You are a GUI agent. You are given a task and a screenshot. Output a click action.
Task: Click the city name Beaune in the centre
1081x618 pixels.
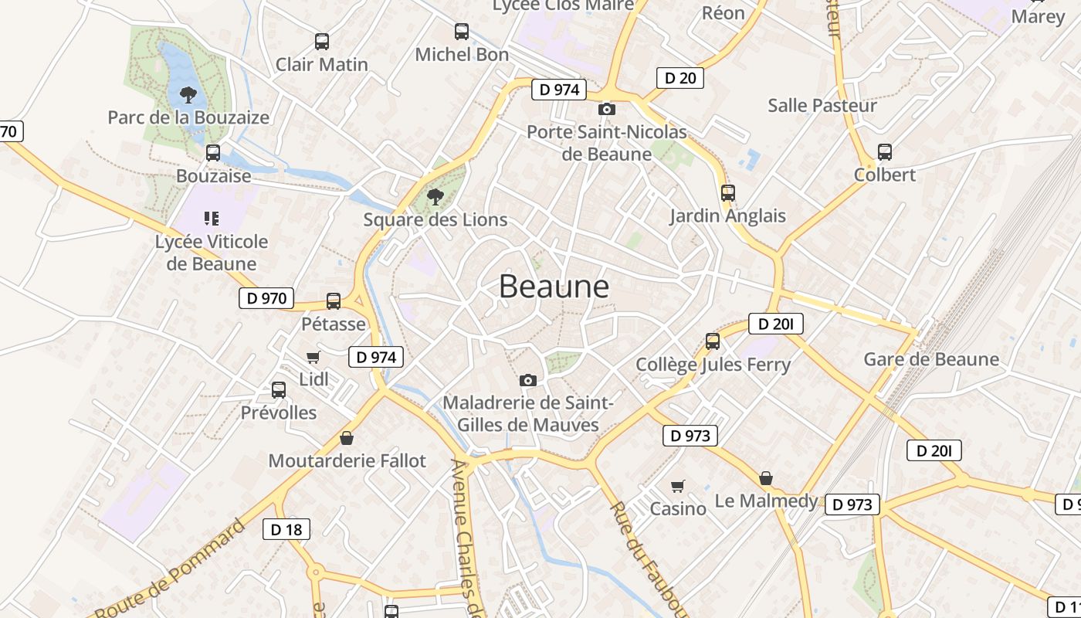pos(554,287)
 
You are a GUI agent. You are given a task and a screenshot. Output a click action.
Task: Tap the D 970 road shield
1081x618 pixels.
pos(266,298)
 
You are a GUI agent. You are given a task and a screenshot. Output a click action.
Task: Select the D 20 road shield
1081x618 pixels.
pos(680,77)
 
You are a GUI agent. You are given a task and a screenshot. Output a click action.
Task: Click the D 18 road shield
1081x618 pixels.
pos(286,529)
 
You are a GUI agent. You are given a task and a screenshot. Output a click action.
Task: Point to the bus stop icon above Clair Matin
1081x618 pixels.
pos(322,42)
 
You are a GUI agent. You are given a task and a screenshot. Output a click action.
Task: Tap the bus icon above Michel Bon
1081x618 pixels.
pos(462,32)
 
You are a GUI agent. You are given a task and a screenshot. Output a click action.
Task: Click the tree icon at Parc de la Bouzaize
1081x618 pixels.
pos(188,95)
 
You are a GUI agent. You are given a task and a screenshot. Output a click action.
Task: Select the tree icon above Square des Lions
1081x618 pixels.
pos(435,196)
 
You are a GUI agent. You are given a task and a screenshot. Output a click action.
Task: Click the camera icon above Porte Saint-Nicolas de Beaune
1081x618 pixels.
pos(607,109)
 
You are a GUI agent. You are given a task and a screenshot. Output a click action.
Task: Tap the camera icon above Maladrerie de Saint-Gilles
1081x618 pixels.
pos(528,380)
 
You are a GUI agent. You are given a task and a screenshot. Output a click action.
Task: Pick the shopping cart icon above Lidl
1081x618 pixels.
pos(313,357)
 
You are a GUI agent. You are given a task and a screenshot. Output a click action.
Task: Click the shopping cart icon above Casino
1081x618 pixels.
pos(678,486)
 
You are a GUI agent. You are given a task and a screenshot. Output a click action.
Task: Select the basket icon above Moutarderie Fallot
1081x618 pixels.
pos(347,438)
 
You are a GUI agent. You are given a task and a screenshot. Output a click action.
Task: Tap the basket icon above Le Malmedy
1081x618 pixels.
pos(766,478)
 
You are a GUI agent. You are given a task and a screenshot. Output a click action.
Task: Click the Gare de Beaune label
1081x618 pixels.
pos(931,359)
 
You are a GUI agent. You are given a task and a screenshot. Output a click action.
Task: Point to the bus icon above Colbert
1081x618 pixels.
pos(885,152)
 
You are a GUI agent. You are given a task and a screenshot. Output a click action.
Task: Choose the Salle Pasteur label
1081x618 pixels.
pos(822,106)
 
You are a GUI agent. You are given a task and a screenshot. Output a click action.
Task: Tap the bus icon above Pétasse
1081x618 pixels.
pos(334,301)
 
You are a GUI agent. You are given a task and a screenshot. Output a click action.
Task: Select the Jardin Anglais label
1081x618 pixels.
pos(727,216)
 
